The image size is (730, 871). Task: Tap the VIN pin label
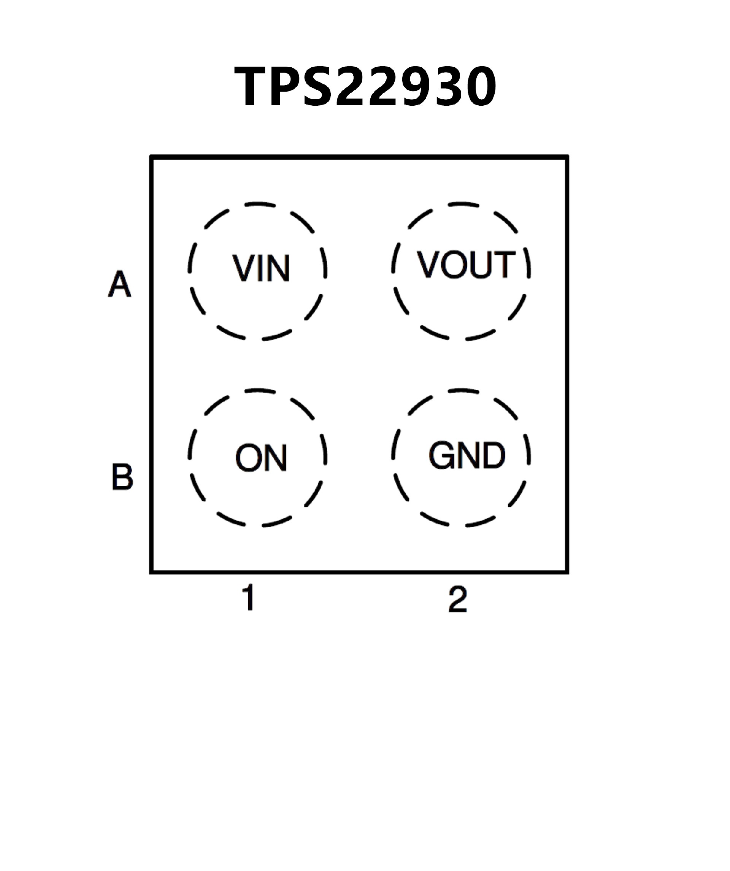click(x=260, y=268)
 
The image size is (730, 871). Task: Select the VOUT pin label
click(x=466, y=265)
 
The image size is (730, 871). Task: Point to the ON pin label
click(x=261, y=458)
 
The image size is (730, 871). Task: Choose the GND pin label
click(x=467, y=455)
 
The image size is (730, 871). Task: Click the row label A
click(x=119, y=284)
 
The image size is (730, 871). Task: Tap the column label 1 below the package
click(x=249, y=598)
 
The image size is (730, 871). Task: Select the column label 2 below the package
click(x=458, y=599)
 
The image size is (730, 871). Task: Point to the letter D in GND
click(x=494, y=455)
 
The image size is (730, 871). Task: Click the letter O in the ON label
click(x=248, y=458)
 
